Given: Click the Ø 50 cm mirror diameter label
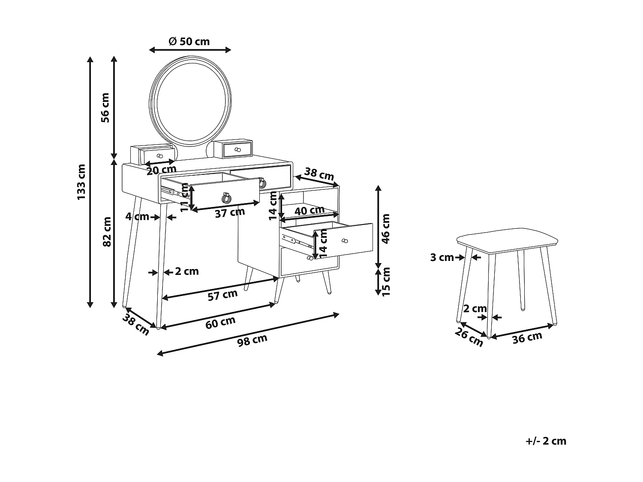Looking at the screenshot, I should click(x=189, y=41).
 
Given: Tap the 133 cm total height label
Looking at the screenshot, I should click(x=81, y=181).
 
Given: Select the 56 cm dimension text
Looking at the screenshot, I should click(x=105, y=108).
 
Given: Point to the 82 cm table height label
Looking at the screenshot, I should click(x=107, y=231).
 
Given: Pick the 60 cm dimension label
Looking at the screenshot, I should click(x=220, y=322).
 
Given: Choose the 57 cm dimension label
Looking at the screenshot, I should click(x=222, y=295).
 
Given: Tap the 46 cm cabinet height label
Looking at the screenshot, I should click(x=386, y=228).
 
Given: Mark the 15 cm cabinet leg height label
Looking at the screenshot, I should click(x=386, y=281).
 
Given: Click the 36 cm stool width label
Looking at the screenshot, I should click(x=527, y=338).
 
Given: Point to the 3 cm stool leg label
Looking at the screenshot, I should click(x=442, y=257).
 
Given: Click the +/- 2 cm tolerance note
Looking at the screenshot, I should click(x=546, y=441).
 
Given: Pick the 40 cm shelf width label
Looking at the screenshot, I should click(x=309, y=210).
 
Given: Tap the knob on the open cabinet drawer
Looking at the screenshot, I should click(x=344, y=242).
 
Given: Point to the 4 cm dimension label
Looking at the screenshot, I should click(x=137, y=217).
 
